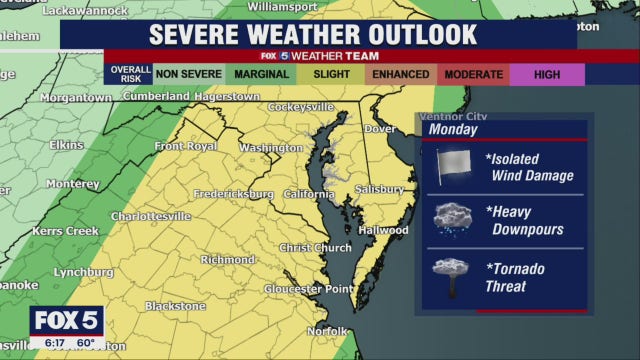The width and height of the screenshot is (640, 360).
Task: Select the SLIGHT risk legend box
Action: tap(332, 74)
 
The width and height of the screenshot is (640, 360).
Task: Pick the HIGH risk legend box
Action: tap(547, 74)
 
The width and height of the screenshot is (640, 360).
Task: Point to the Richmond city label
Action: tap(228, 260)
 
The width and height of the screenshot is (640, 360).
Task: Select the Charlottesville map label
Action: tap(150, 216)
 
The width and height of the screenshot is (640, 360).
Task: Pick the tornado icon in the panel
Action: tap(451, 276)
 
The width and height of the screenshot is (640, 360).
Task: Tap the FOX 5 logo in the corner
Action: tap(67, 321)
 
